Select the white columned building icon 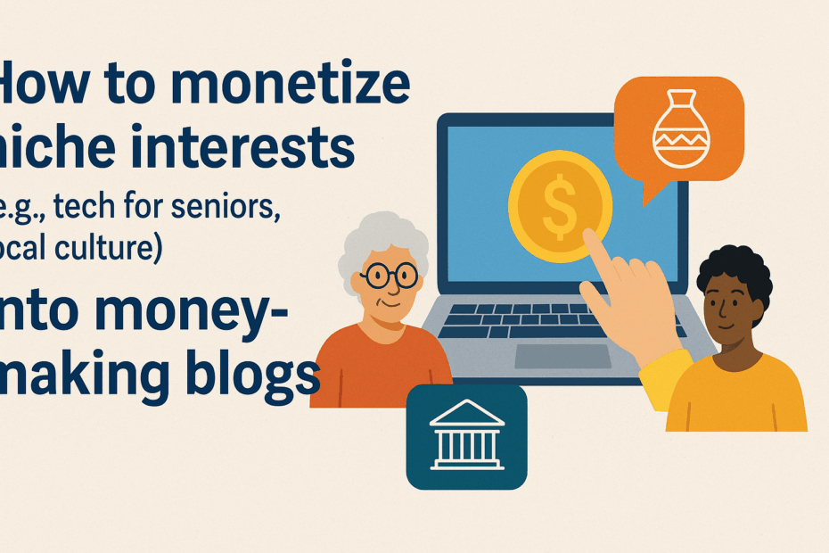coord(466,437)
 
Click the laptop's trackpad coord(562,355)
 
